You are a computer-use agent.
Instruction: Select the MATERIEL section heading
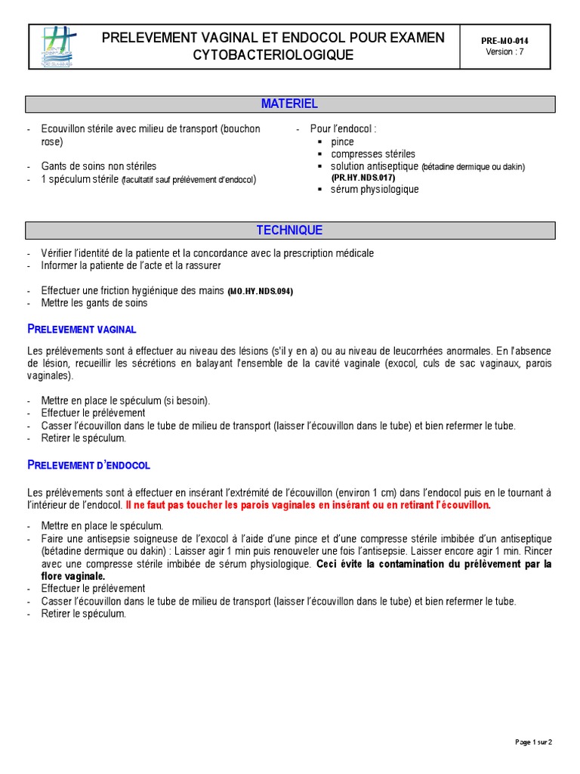pos(290,104)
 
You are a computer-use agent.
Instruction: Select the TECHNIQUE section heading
pos(290,231)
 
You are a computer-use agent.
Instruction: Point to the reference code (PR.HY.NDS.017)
pos(363,178)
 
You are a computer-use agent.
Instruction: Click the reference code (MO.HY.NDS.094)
pos(261,291)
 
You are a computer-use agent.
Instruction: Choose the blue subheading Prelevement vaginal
pos(82,329)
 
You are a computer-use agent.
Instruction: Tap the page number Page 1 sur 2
pos(534,742)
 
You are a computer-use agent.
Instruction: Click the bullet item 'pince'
pos(342,141)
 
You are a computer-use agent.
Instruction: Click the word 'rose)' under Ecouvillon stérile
pos(53,141)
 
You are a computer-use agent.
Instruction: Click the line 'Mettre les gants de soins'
pos(94,302)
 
